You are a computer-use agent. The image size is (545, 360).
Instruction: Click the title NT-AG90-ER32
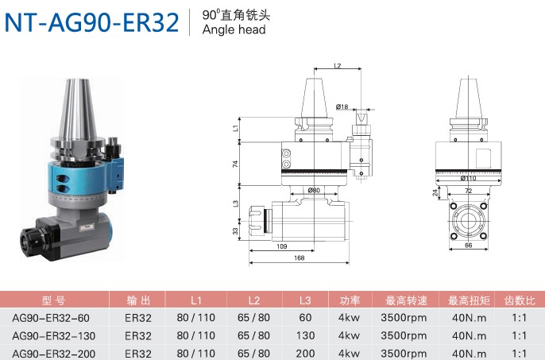click(91, 22)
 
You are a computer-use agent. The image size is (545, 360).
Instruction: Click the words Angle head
click(234, 29)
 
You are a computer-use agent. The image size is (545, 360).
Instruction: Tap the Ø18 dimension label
click(342, 106)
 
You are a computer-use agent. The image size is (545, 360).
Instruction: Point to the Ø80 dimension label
click(314, 190)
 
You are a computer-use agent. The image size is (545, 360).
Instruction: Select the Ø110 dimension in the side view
click(468, 178)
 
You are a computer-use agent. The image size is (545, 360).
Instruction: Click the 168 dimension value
click(299, 257)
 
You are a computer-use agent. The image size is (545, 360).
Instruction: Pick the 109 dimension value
click(281, 246)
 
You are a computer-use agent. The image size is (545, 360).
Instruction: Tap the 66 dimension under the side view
click(468, 246)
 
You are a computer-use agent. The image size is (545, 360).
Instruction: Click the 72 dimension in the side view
click(468, 191)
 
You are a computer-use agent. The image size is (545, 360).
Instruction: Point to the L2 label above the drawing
click(337, 65)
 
